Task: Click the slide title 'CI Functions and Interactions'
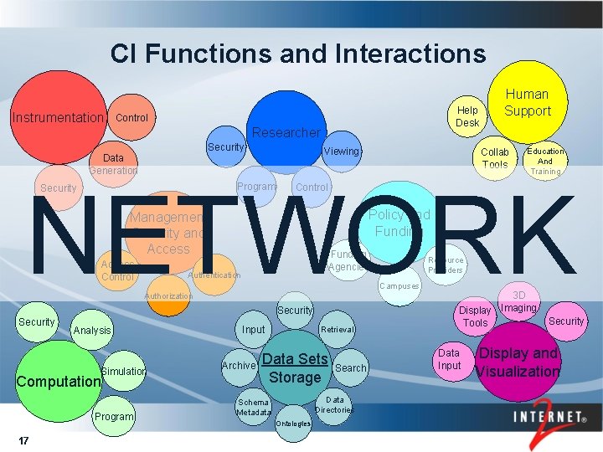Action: [297, 54]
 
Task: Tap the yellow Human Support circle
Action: [528, 102]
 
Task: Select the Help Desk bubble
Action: [467, 116]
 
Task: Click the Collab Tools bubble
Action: [494, 157]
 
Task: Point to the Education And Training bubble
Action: [545, 161]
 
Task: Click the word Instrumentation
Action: [57, 117]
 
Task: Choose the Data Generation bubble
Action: [113, 163]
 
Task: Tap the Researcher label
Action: [286, 132]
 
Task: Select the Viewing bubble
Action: [341, 152]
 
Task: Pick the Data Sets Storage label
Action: [295, 368]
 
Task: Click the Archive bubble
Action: [239, 366]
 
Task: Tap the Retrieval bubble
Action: [338, 330]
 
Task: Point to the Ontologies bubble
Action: [293, 423]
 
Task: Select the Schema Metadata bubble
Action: [253, 408]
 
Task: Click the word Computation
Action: [59, 381]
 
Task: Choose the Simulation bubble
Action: [124, 371]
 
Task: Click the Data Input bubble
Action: [450, 359]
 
